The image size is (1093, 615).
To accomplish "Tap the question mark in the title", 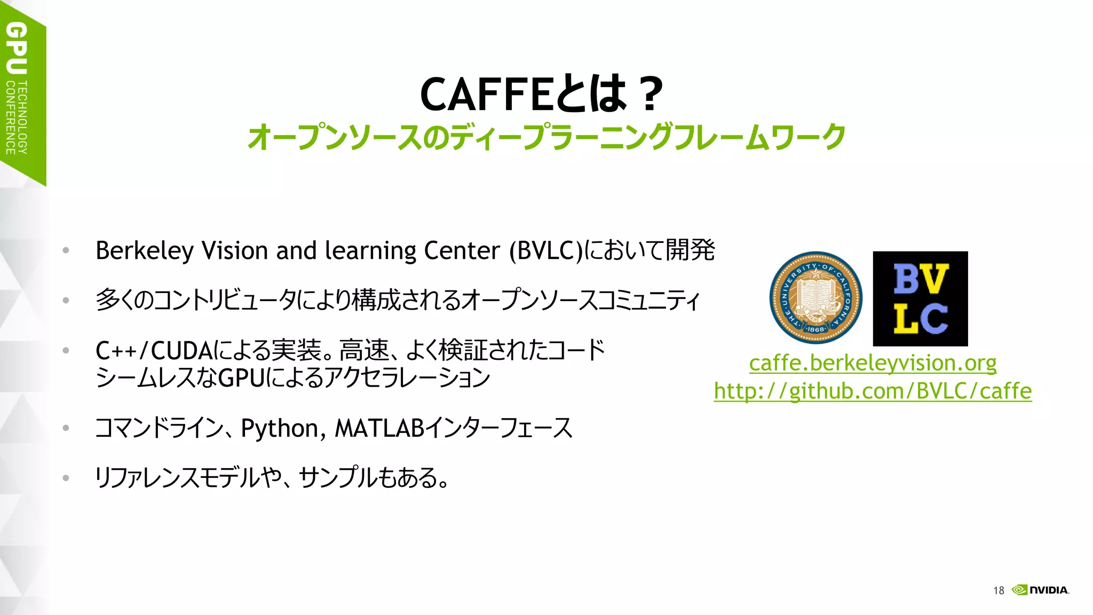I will click(x=650, y=94).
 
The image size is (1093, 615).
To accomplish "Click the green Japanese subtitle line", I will click(x=546, y=137).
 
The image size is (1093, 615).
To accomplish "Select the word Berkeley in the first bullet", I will click(x=144, y=251).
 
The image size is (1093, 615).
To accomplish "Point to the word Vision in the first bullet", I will click(x=235, y=250).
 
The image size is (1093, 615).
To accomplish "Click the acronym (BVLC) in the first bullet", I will click(x=545, y=251).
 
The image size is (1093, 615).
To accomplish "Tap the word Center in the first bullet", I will click(x=462, y=250).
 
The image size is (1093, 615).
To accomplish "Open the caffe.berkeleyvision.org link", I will click(x=873, y=364).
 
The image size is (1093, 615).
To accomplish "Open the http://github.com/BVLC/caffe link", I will click(x=873, y=391).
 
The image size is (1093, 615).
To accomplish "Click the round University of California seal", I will click(x=815, y=298).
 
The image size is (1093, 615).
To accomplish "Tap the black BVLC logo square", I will click(x=920, y=298).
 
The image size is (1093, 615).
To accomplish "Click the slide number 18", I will click(x=999, y=590).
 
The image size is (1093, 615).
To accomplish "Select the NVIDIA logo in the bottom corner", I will click(x=1041, y=590).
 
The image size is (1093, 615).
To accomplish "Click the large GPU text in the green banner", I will click(x=17, y=48).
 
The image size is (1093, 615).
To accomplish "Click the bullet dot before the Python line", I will click(x=66, y=428).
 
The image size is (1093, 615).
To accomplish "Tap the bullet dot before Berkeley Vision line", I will click(x=66, y=250).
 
